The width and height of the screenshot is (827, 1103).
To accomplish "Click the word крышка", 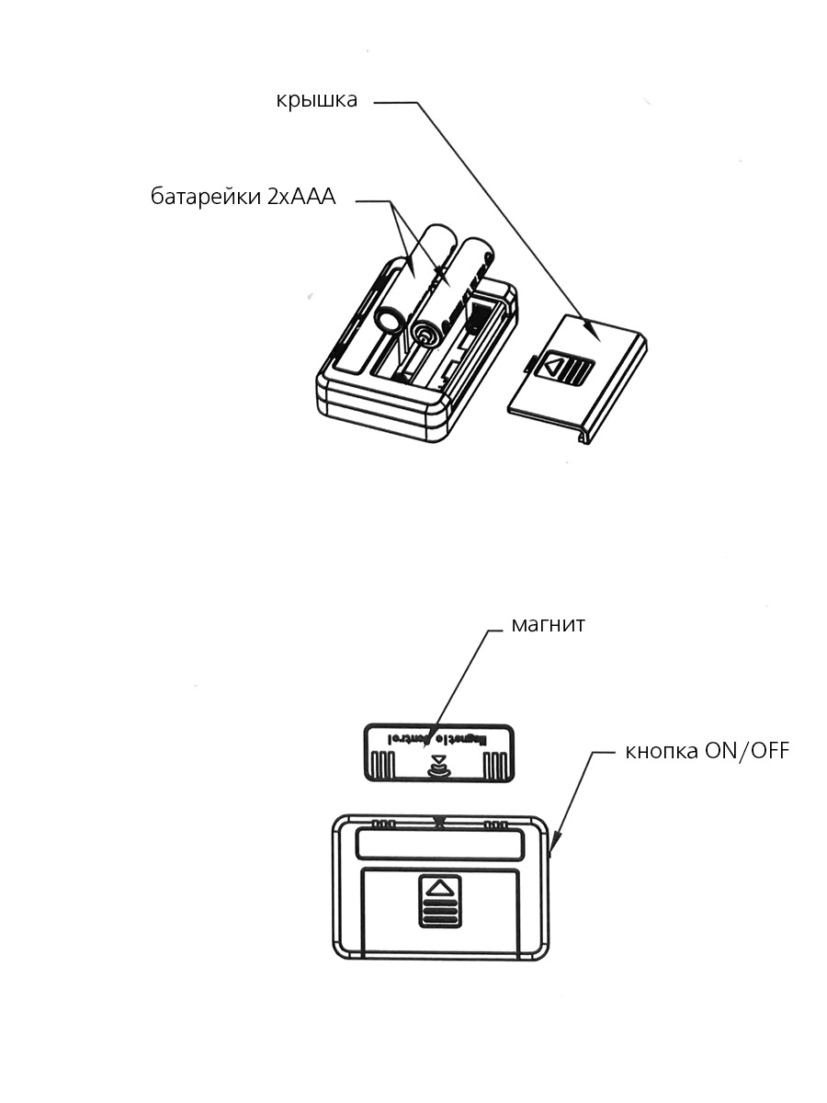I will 316,100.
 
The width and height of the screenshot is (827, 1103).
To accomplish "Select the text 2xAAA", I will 301,199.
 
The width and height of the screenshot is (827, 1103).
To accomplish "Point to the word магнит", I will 549,625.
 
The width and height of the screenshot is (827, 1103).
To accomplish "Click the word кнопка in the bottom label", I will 662,751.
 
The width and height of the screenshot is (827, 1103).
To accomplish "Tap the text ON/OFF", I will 746,751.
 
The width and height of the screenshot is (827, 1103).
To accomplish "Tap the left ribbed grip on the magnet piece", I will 380,764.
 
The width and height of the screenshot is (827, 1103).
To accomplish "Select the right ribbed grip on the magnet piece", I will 496,764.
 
